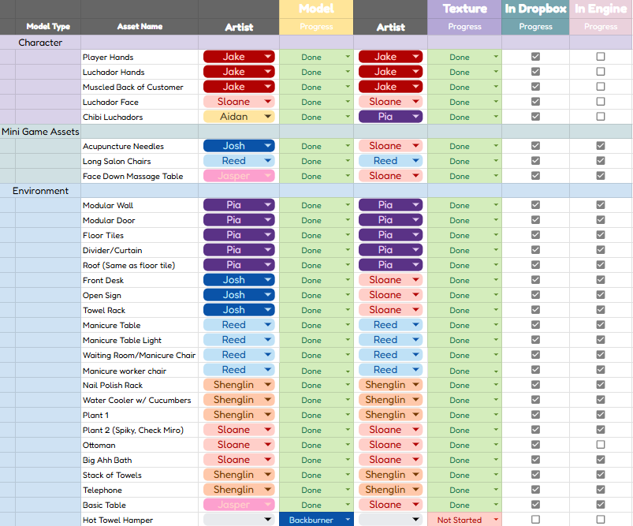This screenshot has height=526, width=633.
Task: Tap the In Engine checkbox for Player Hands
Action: pos(601,57)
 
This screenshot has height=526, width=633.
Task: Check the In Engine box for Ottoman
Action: pos(601,445)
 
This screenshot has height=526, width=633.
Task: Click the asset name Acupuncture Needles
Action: pos(123,146)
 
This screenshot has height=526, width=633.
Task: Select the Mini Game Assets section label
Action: pos(40,132)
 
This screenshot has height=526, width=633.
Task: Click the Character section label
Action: pos(40,43)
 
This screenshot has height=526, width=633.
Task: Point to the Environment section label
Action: pos(40,191)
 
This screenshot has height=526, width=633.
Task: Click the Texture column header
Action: pos(464,9)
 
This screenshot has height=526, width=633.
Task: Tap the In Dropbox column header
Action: pos(535,9)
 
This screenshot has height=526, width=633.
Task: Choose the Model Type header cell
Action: pos(48,26)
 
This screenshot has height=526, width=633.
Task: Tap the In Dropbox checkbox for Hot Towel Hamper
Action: pos(535,520)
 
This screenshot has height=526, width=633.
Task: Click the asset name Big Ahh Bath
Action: pos(107,460)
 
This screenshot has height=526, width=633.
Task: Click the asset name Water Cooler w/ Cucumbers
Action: pos(136,400)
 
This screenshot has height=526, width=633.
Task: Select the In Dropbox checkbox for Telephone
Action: pos(535,490)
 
